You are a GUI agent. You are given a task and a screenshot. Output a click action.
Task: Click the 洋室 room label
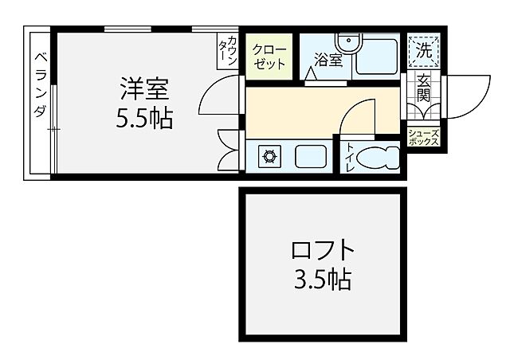click(x=144, y=84)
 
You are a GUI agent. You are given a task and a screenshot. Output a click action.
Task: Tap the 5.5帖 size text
click(x=144, y=119)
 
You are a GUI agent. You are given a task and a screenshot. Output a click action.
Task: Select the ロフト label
click(x=322, y=250)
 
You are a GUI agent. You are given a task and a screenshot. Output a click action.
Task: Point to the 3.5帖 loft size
click(x=322, y=280)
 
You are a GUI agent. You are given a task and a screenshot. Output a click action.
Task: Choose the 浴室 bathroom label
click(x=327, y=58)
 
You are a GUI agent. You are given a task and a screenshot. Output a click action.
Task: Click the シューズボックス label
click(x=423, y=136)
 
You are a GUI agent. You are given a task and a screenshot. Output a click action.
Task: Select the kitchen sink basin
click(x=311, y=156)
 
